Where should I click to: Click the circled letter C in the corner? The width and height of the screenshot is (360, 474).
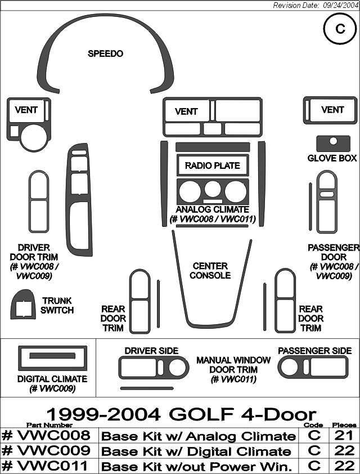[x=340, y=29]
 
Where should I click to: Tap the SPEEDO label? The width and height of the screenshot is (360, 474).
[x=105, y=53]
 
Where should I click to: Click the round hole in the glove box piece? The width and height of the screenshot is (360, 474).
[x=334, y=141]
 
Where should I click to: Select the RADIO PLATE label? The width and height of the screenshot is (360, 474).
[x=213, y=166]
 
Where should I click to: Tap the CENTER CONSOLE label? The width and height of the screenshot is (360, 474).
[x=210, y=271]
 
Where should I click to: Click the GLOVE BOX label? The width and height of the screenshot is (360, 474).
[x=332, y=158]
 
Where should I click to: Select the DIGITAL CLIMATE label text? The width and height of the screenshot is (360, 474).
[x=52, y=379]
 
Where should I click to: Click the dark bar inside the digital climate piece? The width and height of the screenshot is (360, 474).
[x=52, y=356]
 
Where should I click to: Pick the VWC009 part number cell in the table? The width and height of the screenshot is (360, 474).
[x=46, y=450]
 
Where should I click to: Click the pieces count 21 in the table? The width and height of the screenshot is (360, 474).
[x=344, y=435]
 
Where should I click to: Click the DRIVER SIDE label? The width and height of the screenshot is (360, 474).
[x=151, y=351]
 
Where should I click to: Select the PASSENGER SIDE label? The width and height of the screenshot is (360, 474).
[x=314, y=351]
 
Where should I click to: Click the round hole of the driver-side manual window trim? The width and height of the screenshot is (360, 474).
[x=177, y=368]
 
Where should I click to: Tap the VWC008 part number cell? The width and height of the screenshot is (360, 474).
[x=46, y=435]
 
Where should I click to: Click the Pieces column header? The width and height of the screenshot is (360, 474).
[x=344, y=425]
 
